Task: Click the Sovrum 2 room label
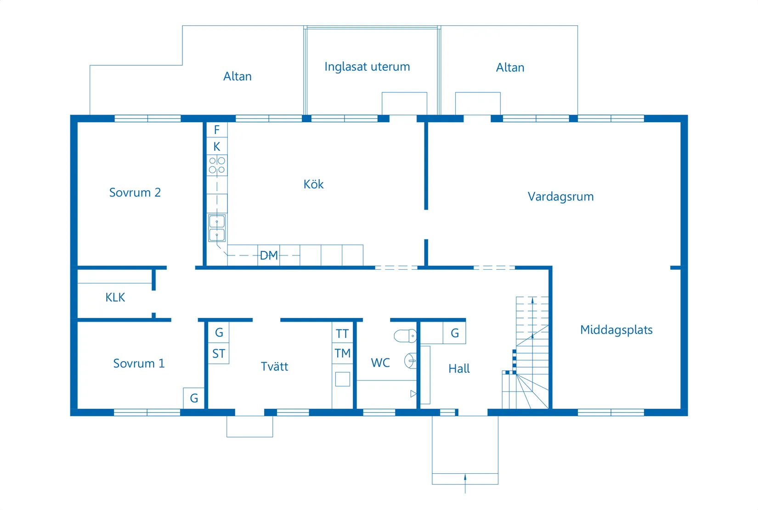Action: (x=135, y=193)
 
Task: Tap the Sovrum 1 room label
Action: (x=139, y=363)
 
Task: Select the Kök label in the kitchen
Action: (x=313, y=184)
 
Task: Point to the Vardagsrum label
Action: (x=560, y=197)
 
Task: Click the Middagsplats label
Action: (x=616, y=330)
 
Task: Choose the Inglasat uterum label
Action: (x=367, y=67)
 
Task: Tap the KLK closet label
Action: (x=115, y=297)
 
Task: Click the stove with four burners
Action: (x=217, y=165)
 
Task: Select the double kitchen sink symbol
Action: (x=217, y=228)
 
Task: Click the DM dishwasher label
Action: (x=269, y=255)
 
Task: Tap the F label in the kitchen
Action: (x=217, y=130)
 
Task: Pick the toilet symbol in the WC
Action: (x=405, y=336)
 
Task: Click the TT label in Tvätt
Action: (x=342, y=334)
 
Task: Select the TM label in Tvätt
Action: (x=342, y=353)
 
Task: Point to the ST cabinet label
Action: (x=219, y=354)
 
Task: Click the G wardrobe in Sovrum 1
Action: (x=194, y=398)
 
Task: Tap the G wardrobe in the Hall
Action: (x=454, y=333)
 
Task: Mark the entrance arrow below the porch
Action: (x=465, y=482)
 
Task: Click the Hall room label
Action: (x=459, y=368)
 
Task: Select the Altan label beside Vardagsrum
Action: (x=510, y=68)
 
